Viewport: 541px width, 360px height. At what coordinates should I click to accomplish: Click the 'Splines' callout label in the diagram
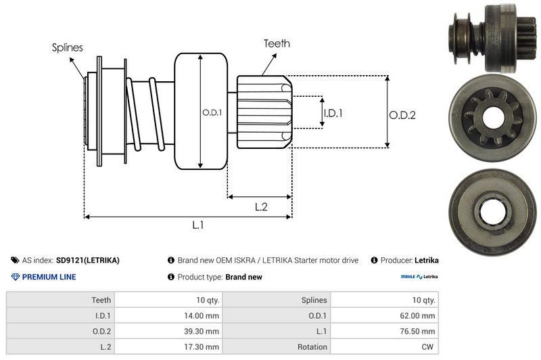click(x=68, y=48)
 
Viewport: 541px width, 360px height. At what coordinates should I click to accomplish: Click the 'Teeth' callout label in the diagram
click(x=277, y=43)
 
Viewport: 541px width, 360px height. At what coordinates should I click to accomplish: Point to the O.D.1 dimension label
click(x=212, y=113)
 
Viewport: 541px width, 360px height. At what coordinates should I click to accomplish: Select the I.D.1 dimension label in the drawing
click(x=333, y=113)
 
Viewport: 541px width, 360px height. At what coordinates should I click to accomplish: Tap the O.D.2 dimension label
click(x=402, y=115)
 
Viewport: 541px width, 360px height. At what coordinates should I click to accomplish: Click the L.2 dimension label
click(x=261, y=208)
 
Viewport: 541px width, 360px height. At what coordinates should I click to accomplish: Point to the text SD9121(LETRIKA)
click(x=88, y=260)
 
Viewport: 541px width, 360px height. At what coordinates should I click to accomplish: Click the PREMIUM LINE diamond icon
click(x=16, y=277)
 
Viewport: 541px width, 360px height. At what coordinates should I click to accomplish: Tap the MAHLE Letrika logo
click(x=419, y=277)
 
